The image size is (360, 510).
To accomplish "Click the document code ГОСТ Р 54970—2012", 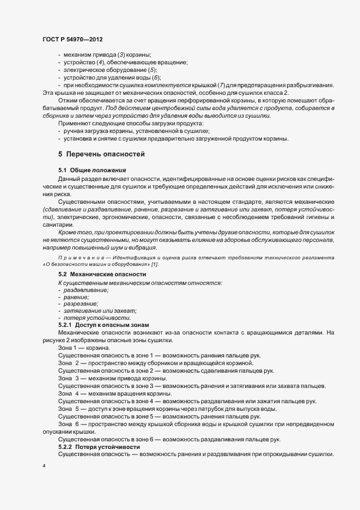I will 72,40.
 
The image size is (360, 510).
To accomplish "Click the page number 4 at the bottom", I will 43,467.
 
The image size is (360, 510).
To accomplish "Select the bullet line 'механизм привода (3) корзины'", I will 107,55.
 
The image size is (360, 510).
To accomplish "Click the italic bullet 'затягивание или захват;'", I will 96,310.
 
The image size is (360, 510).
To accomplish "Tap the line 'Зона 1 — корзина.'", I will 84,347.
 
